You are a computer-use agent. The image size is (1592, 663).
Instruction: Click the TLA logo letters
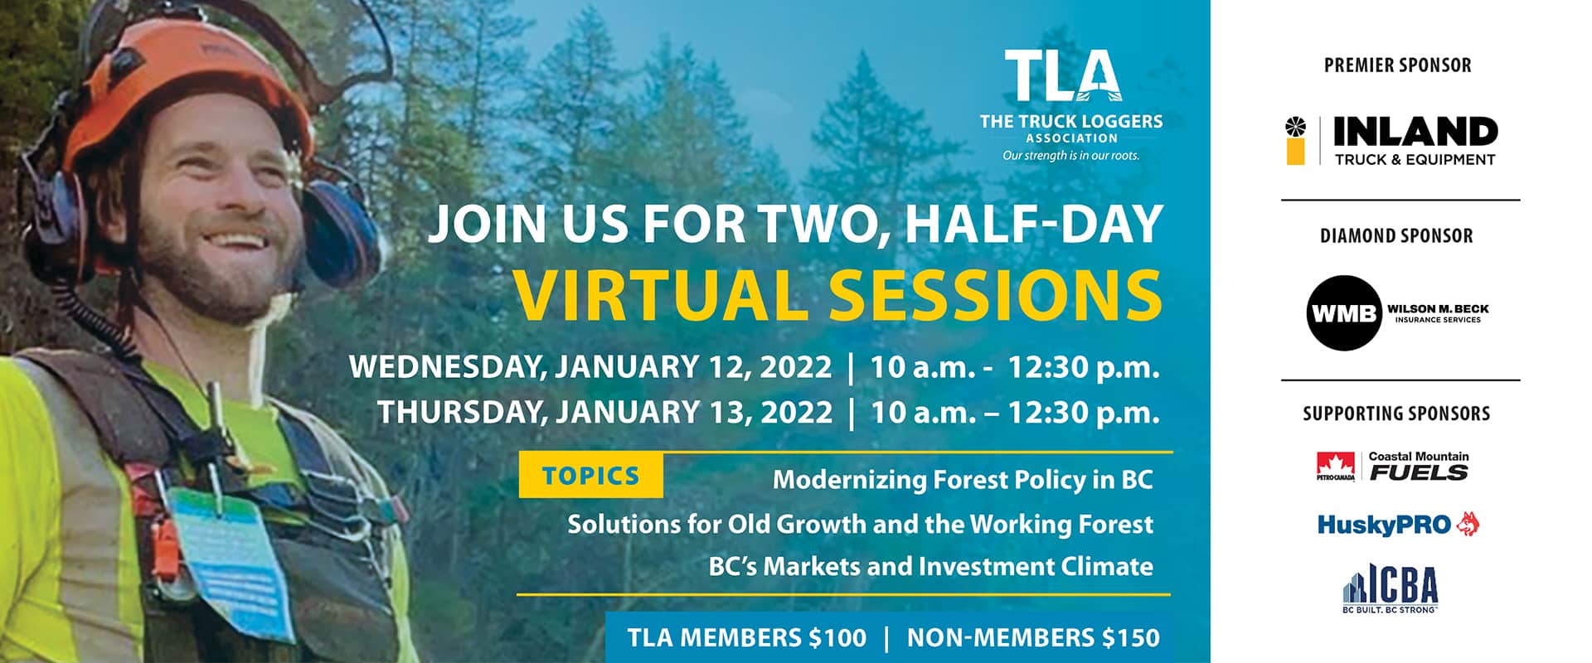tap(1064, 75)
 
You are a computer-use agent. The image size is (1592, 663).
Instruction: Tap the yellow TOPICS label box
tap(591, 476)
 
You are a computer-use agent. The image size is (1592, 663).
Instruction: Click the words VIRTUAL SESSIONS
tap(837, 295)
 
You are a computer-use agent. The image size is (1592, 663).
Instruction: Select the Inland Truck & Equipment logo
tap(1391, 141)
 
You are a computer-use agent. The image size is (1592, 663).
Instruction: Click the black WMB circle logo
tap(1344, 313)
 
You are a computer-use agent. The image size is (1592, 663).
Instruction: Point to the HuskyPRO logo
tap(1399, 524)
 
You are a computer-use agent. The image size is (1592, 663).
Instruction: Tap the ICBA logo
tap(1391, 588)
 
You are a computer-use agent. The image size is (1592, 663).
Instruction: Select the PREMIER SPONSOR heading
tap(1397, 65)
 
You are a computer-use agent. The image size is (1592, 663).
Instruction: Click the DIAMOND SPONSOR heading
tap(1396, 236)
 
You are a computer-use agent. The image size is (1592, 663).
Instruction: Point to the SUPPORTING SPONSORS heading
tap(1396, 414)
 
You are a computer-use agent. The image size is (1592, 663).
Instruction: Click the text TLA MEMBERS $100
tap(746, 637)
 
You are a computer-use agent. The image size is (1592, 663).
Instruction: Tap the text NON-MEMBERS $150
tap(1033, 637)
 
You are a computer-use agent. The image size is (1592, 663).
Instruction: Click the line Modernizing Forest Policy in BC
tap(963, 480)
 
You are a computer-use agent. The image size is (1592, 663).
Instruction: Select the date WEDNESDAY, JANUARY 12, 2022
tap(590, 367)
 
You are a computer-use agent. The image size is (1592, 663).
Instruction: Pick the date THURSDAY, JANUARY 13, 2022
tap(604, 412)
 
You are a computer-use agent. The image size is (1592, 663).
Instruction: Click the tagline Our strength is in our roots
tap(1070, 156)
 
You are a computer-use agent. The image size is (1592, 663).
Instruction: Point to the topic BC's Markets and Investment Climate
tap(930, 567)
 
